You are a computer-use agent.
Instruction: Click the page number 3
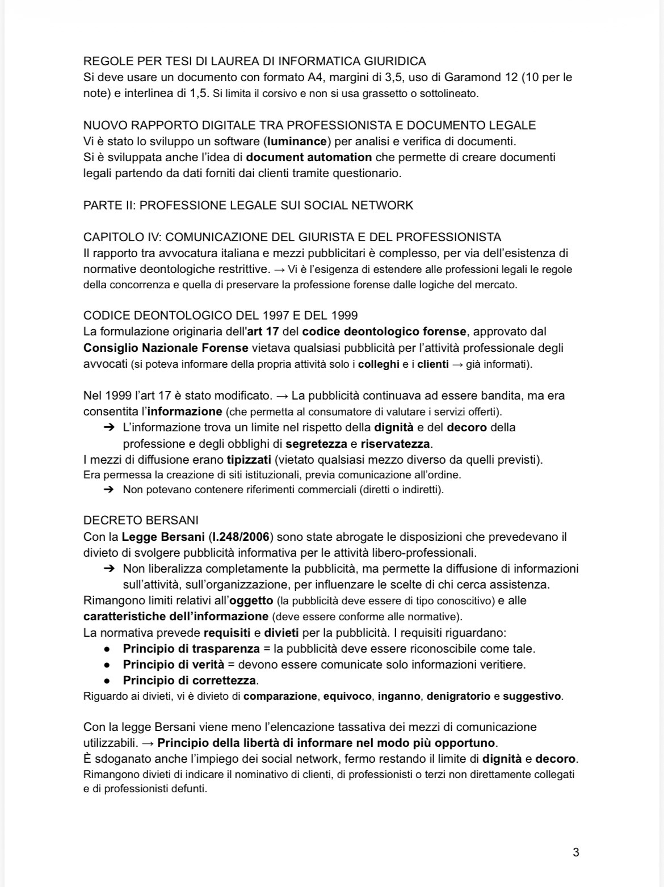point(576,852)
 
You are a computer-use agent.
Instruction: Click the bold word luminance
point(298,141)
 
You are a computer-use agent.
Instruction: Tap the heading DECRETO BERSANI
point(141,520)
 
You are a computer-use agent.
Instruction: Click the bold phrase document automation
point(309,157)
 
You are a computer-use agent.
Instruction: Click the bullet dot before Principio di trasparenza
point(106,649)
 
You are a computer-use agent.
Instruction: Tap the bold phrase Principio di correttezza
point(190,680)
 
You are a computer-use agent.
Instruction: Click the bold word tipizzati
point(249,460)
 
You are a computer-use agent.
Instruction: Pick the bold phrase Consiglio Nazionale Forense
point(166,348)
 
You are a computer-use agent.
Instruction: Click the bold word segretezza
point(316,444)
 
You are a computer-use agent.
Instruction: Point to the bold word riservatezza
point(396,444)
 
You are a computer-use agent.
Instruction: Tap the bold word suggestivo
point(532,696)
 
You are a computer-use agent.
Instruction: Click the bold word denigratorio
point(459,696)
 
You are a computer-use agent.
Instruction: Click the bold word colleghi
point(379,364)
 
